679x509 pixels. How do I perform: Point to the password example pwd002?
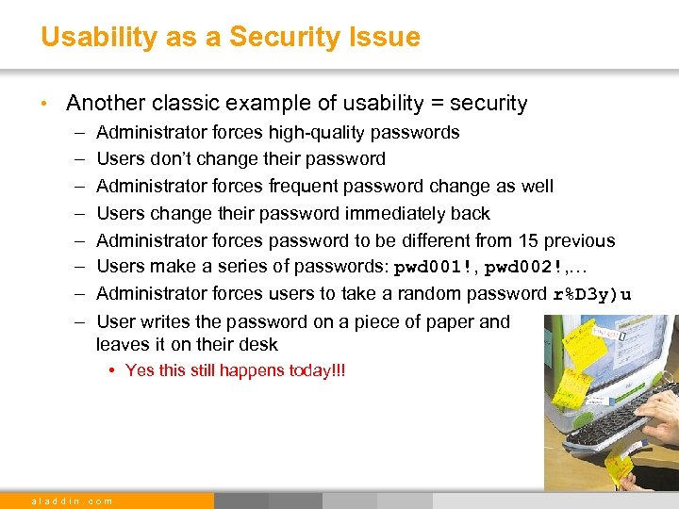(x=525, y=268)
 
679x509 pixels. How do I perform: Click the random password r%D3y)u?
(x=591, y=294)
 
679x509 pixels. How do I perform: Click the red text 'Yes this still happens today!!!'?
(x=235, y=370)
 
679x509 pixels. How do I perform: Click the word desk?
(x=258, y=345)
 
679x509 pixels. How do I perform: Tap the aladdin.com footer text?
(x=73, y=501)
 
